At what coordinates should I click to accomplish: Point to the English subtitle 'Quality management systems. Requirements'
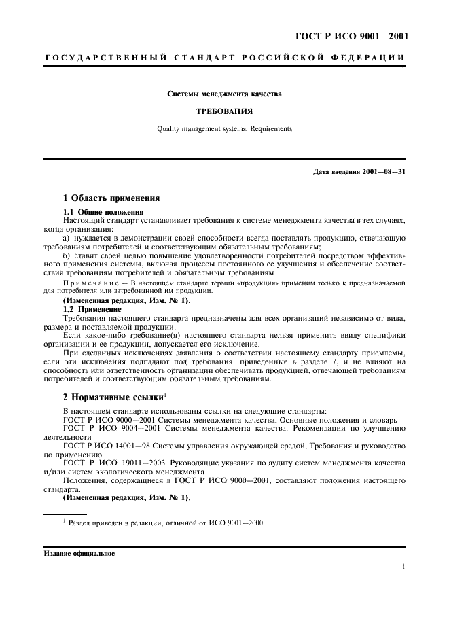pos(224,128)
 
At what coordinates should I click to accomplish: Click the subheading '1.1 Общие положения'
pos(98,213)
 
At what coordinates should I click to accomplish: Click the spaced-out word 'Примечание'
pos(92,282)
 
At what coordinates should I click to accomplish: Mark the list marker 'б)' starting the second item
pos(67,255)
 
